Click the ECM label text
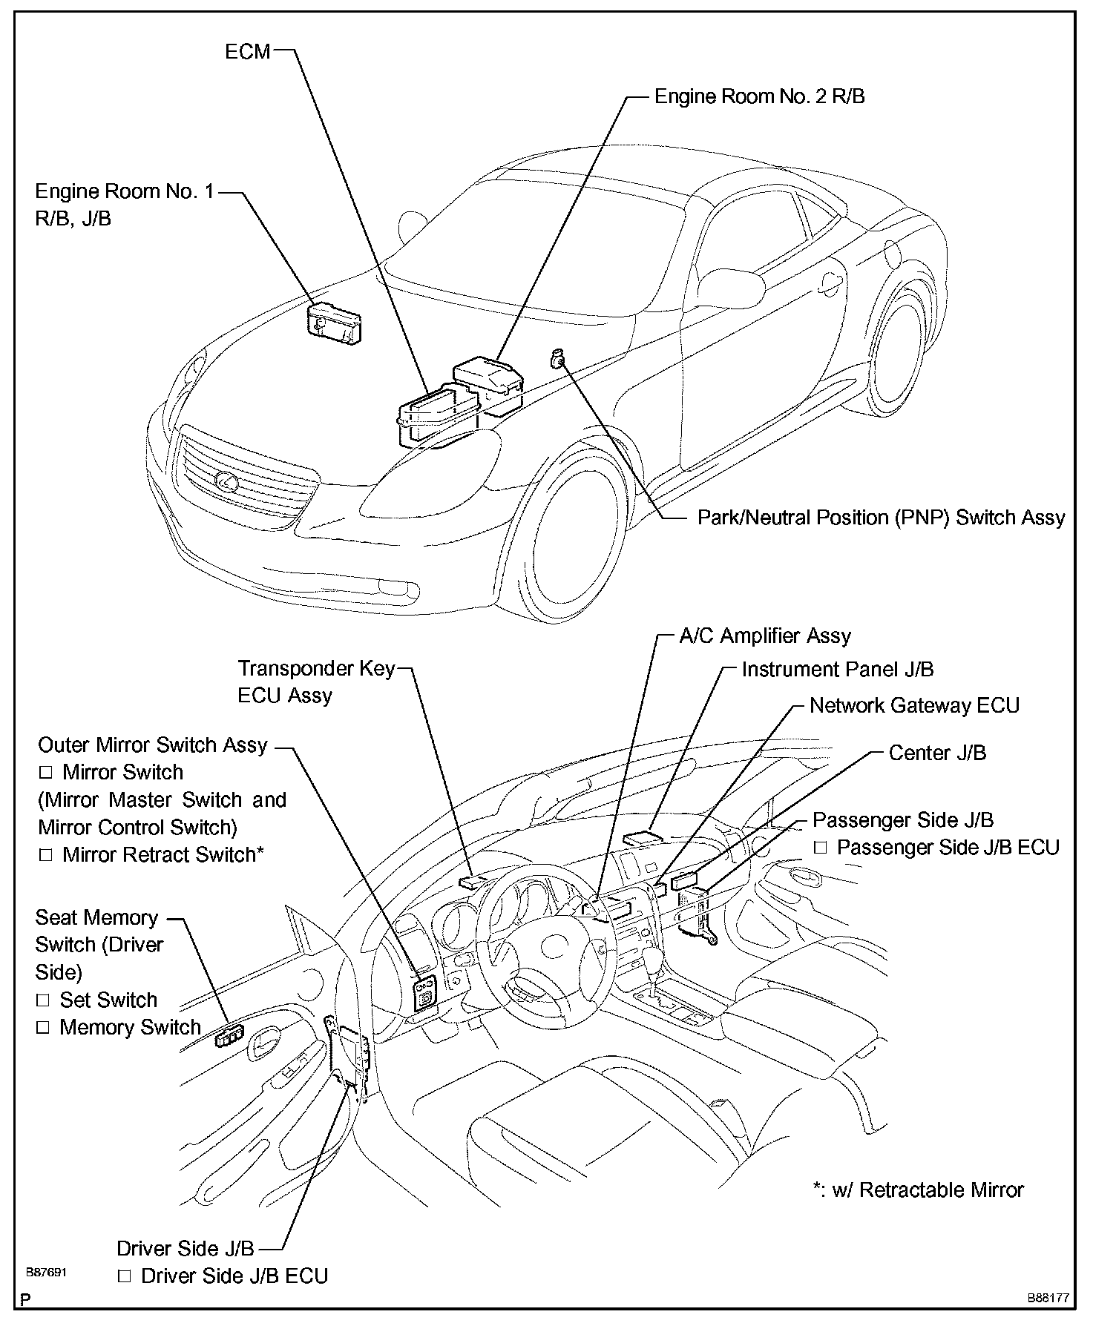(248, 51)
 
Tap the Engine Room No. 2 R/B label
(759, 96)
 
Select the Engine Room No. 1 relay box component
(335, 323)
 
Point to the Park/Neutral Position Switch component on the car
(557, 360)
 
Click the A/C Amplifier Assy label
(765, 636)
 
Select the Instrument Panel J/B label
(837, 669)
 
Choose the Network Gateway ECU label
(914, 705)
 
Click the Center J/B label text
(937, 753)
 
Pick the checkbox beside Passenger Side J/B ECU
(820, 847)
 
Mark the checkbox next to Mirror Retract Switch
(45, 855)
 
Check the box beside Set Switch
(43, 1000)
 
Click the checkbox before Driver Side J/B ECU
(125, 1276)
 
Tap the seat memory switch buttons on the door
(229, 1036)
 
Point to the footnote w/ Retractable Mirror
(918, 1190)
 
